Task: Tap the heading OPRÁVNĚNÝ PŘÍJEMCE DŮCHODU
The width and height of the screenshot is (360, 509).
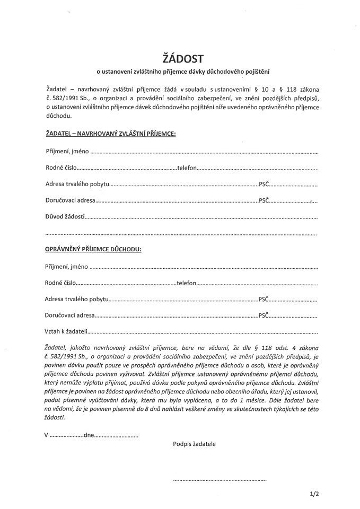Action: [93, 249]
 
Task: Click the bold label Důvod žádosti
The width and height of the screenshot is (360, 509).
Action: [65, 217]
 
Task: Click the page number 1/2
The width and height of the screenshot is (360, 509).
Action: [314, 494]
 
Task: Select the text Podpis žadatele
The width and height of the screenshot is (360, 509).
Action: [194, 444]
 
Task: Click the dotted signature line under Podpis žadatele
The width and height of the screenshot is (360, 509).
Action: [219, 479]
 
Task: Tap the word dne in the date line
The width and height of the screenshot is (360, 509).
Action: [89, 435]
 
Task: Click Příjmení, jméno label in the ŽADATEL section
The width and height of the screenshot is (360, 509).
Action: [67, 152]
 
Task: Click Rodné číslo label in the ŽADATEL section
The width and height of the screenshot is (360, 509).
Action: [61, 168]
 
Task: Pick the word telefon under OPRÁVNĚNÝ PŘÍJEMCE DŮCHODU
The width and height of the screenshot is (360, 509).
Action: [186, 284]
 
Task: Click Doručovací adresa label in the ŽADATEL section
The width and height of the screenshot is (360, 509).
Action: [70, 201]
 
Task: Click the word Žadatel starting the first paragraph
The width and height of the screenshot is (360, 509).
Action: [57, 89]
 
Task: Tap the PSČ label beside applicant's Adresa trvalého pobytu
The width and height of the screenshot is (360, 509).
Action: [264, 185]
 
